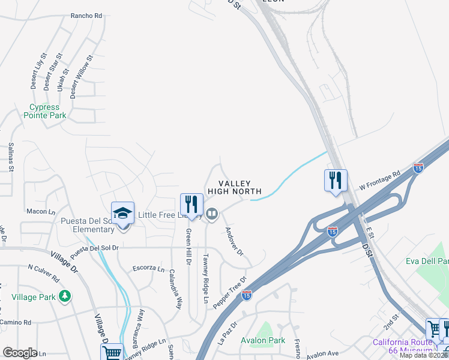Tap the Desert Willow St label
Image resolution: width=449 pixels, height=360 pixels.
(x=82, y=77)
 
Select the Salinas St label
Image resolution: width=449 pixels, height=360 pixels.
(x=11, y=157)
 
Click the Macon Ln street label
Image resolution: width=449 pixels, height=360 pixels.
(x=40, y=212)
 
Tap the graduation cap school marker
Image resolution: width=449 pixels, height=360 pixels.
(x=122, y=212)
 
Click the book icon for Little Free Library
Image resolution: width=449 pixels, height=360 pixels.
(x=212, y=214)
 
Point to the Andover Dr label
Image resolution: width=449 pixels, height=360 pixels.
(x=234, y=241)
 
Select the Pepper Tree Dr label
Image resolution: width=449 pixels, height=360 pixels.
(x=230, y=292)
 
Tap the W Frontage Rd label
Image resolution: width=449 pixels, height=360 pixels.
(x=381, y=179)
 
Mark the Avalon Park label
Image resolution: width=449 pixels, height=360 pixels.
(x=262, y=341)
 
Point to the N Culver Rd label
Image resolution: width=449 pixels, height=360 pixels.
(x=44, y=272)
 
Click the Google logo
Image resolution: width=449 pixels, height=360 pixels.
(x=19, y=353)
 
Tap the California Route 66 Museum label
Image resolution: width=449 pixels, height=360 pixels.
(x=402, y=346)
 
